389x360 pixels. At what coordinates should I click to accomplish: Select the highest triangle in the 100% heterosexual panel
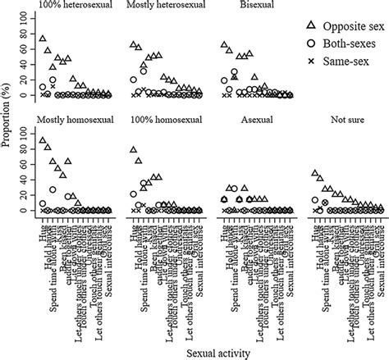tap(43, 39)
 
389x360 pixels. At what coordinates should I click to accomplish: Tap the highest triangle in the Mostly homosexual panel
tap(43, 141)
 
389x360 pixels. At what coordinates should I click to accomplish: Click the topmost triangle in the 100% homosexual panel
tap(133, 150)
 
